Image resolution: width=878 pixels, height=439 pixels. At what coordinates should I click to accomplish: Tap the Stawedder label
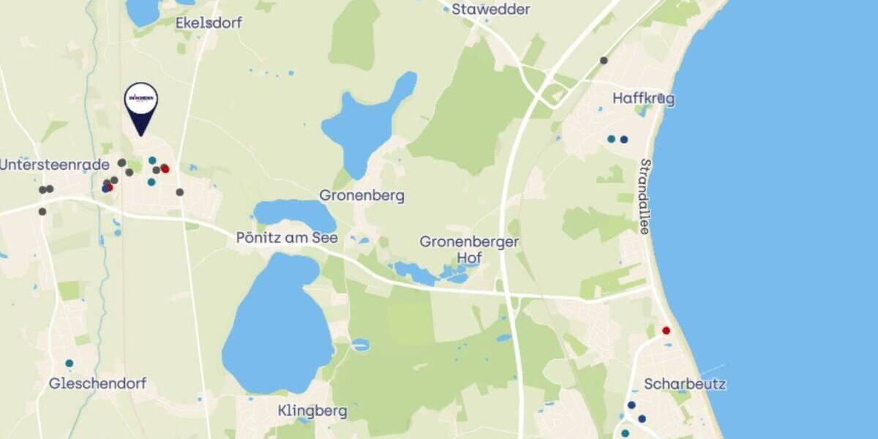pos(490,10)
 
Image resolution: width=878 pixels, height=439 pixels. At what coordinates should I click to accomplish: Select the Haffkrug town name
pos(644,99)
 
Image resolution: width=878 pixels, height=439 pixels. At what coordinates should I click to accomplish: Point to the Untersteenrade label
pos(55,165)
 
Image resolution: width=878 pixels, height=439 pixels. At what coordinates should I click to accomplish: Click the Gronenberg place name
pos(361,196)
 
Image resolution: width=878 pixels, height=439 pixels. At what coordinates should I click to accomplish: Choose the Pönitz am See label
pos(287,238)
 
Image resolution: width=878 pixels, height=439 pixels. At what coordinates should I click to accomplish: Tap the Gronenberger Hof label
pos(469,249)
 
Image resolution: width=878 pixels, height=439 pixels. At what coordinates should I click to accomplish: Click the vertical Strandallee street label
pos(645,196)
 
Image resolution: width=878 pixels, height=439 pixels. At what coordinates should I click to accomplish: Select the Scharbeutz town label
pos(685,384)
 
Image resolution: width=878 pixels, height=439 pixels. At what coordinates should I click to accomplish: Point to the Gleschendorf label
pos(97,383)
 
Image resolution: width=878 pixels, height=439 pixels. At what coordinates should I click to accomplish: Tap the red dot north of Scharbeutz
pos(666,331)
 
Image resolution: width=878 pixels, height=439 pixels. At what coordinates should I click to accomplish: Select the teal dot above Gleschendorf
pos(69,363)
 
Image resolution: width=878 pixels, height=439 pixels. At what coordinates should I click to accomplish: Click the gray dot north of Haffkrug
pos(604,60)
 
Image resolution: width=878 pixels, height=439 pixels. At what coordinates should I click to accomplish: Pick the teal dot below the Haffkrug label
pos(611,139)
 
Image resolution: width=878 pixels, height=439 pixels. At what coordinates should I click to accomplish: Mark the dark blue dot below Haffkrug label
pos(624,140)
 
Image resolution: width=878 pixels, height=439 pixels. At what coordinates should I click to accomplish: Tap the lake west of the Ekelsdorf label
pos(143,11)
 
